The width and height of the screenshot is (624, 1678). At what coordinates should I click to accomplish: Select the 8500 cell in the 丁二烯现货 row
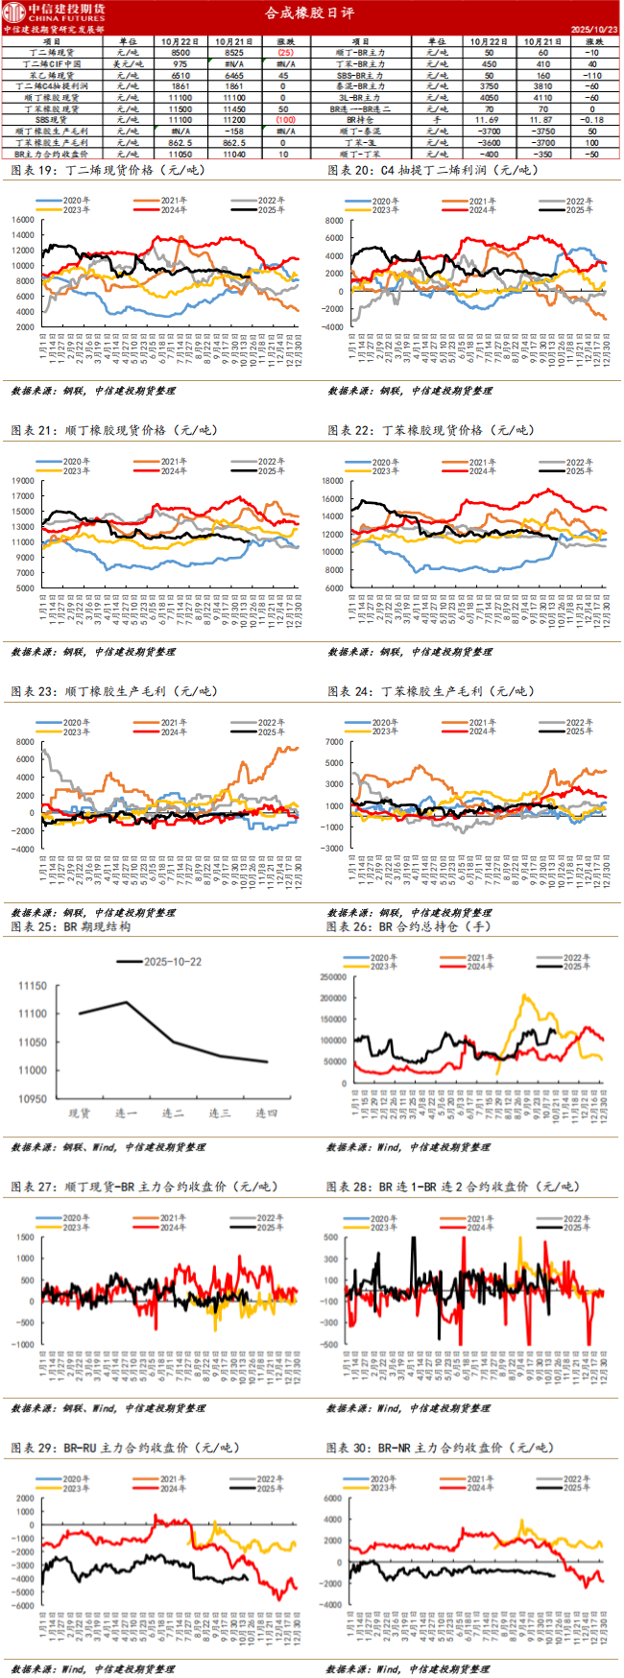pyautogui.click(x=180, y=53)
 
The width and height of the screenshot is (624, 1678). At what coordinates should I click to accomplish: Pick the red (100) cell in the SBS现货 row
pyautogui.click(x=285, y=120)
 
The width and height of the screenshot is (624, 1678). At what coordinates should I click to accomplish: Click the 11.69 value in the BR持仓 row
pyautogui.click(x=487, y=120)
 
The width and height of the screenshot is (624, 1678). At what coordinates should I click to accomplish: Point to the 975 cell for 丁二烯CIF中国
pyautogui.click(x=180, y=64)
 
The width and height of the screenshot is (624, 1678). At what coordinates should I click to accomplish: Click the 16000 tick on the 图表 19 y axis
pyautogui.click(x=24, y=220)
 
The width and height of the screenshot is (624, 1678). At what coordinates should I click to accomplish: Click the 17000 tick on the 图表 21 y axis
pyautogui.click(x=24, y=496)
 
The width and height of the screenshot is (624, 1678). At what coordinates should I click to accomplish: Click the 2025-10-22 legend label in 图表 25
pyautogui.click(x=173, y=961)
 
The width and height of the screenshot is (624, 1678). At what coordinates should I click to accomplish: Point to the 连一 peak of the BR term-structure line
pyautogui.click(x=127, y=1002)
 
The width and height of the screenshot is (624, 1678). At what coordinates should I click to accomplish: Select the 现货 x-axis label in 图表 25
pyautogui.click(x=80, y=1114)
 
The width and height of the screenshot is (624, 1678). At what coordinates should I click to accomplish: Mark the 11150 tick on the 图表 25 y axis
pyautogui.click(x=33, y=986)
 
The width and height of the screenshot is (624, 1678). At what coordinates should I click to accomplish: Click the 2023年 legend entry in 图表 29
pyautogui.click(x=76, y=1488)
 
